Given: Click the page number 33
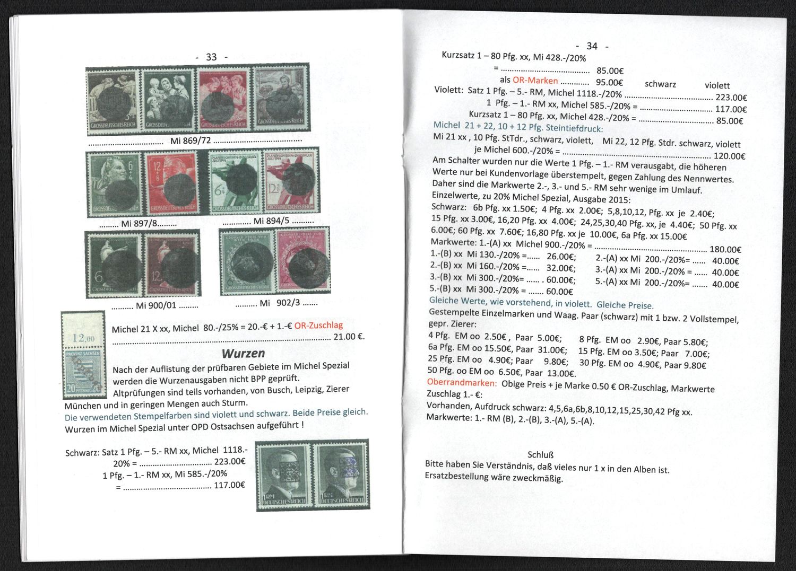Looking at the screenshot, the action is point(211,57).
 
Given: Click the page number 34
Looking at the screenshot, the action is point(592,46).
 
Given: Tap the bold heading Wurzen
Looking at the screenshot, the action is point(244,353).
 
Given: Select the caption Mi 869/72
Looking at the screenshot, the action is point(191,140).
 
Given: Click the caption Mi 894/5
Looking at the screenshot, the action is point(272,221).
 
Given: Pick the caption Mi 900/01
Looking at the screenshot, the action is point(156,305).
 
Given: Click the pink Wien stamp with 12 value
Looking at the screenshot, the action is point(303,260).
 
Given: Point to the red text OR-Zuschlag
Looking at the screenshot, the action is point(319,326).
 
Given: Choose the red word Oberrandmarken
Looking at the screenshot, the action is point(462,383).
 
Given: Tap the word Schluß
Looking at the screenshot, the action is point(541,455).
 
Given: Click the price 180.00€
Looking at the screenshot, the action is point(725,250).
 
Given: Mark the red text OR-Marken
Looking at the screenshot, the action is point(535,81).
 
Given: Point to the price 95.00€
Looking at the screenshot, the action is point(609,83).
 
